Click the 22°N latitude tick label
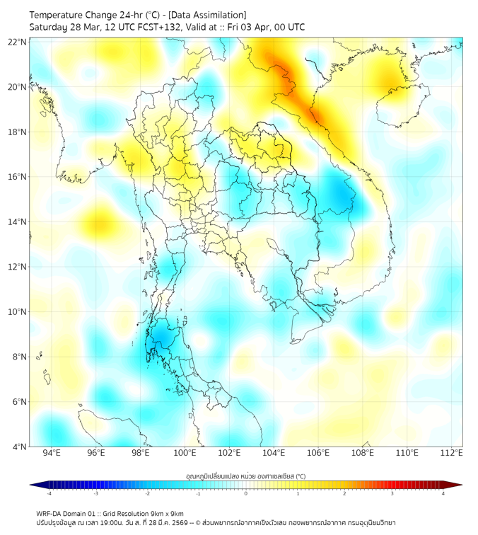click(x=18, y=42)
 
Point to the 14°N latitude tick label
click(x=18, y=222)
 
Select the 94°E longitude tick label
click(x=52, y=453)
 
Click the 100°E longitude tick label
click(x=185, y=453)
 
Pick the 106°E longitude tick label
click(x=318, y=453)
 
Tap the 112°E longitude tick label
click(x=452, y=453)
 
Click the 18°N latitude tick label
click(x=18, y=132)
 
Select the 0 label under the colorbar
click(x=246, y=494)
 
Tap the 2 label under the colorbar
click(x=344, y=494)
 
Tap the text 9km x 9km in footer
click(x=167, y=513)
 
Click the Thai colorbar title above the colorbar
click(x=245, y=476)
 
